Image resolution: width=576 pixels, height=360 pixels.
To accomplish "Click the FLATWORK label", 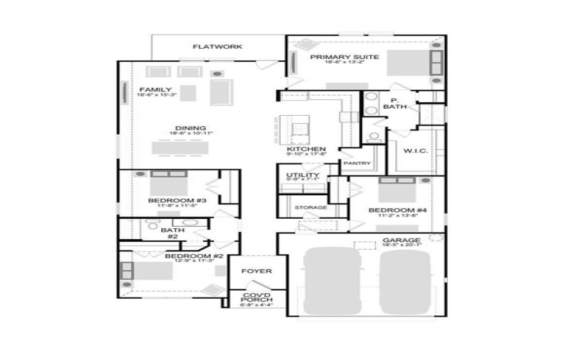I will pyautogui.click(x=217, y=47).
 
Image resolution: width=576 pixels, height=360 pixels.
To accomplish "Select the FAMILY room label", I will pyautogui.click(x=156, y=90).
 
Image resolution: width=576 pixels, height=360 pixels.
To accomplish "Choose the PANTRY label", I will pyautogui.click(x=356, y=163).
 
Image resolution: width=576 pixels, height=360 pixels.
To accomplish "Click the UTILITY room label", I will pyautogui.click(x=301, y=176).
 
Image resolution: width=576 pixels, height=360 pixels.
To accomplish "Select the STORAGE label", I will pyautogui.click(x=311, y=207).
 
